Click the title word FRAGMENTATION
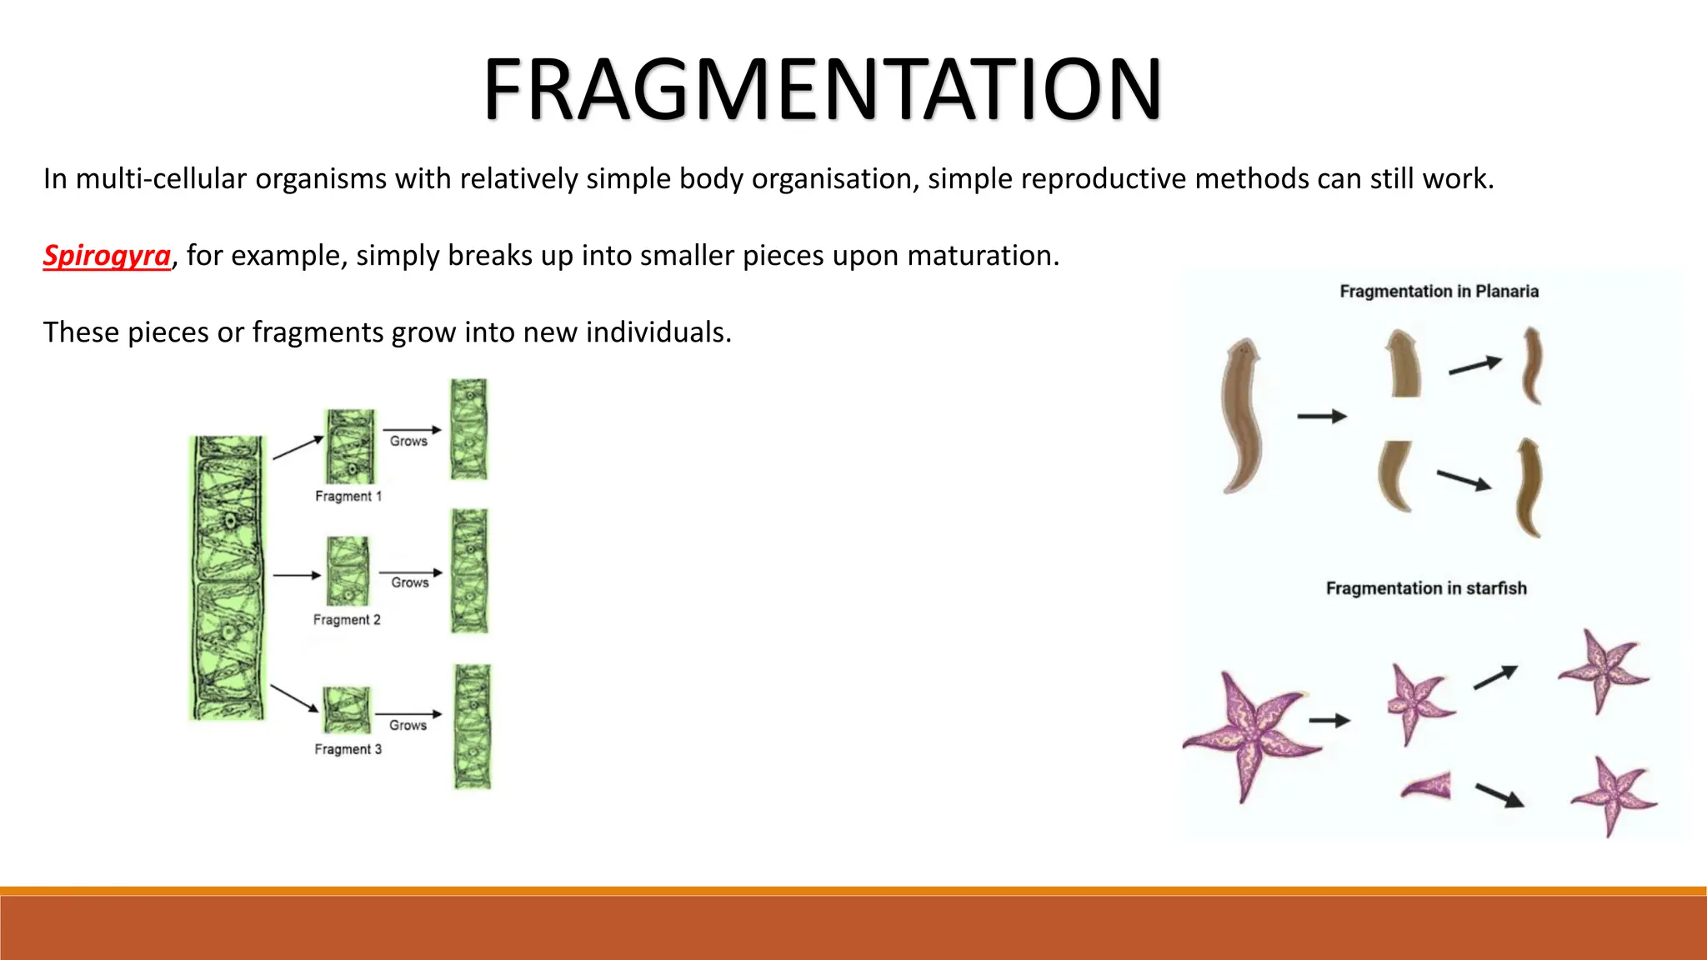[822, 89]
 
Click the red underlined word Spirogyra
[107, 255]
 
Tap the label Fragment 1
[348, 496]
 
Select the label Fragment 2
[347, 619]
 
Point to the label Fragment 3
[348, 749]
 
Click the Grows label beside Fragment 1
[408, 441]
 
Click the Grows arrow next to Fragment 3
[408, 714]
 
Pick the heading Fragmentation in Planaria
[1439, 291]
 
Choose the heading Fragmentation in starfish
[1426, 588]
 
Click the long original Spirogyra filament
[228, 577]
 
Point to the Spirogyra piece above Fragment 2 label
[348, 571]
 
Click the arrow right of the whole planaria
[1322, 416]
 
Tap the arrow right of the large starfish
[1329, 721]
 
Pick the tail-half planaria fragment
[1394, 476]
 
